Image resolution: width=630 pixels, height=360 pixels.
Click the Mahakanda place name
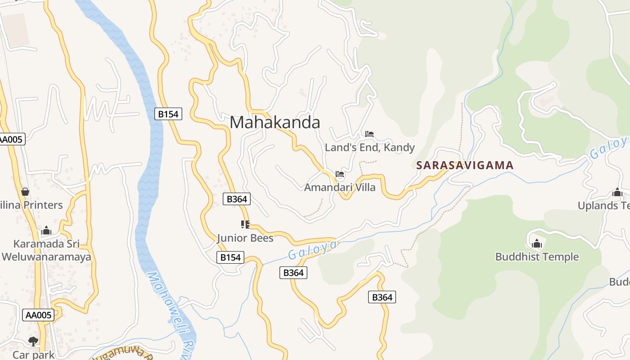[x=275, y=122]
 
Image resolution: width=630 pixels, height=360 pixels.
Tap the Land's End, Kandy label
[x=369, y=148]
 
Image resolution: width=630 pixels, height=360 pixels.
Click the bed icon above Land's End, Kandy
[x=369, y=134]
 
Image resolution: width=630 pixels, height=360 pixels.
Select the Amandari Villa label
[x=340, y=187]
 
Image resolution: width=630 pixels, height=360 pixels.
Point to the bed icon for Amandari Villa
[x=340, y=174]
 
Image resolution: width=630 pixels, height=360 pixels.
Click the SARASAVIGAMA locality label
[x=464, y=165]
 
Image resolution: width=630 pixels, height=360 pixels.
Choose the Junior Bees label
[x=245, y=238]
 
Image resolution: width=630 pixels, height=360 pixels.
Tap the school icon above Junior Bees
[x=245, y=224]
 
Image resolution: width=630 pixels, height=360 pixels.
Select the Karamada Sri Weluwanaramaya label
[x=46, y=251]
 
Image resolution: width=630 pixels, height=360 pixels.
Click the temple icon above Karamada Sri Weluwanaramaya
[x=46, y=231]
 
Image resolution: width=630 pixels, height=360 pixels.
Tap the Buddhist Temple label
[x=537, y=257]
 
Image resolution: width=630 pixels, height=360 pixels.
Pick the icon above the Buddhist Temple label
[x=536, y=243]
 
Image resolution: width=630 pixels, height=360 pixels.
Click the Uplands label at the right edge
[x=604, y=205]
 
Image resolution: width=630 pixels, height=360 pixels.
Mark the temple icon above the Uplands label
[x=617, y=192]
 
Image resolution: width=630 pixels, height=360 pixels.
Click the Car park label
[x=33, y=355]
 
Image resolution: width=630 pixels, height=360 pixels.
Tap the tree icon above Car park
[x=33, y=341]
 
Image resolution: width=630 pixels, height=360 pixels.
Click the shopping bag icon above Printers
[x=25, y=192]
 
